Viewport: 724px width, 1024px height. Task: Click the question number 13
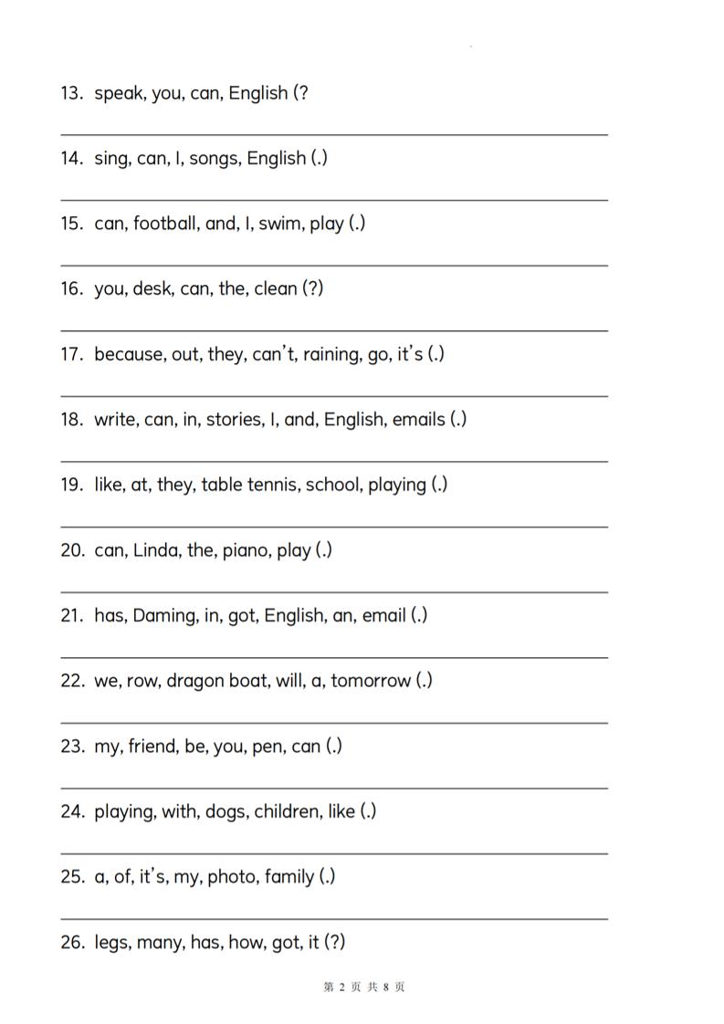(x=71, y=93)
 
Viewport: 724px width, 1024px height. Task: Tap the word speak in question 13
(x=120, y=94)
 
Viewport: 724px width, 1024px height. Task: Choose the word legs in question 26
(x=112, y=943)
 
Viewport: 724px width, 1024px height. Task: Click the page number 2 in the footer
(x=341, y=987)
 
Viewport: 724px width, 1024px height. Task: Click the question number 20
(x=71, y=550)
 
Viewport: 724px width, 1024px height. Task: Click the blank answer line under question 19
(x=334, y=527)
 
